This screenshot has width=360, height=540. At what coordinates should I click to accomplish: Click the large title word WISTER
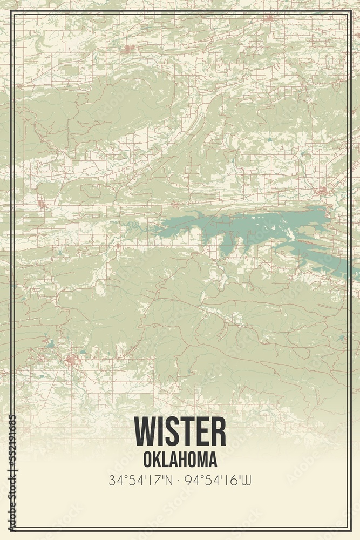(x=180, y=431)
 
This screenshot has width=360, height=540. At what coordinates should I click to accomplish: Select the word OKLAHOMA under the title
(x=180, y=459)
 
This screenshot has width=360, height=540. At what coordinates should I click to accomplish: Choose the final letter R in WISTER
(x=218, y=431)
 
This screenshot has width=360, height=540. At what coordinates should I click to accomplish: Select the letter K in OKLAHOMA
(x=156, y=459)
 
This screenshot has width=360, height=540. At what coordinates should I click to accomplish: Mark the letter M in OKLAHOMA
(x=200, y=459)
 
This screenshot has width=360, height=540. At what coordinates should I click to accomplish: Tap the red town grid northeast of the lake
(x=322, y=191)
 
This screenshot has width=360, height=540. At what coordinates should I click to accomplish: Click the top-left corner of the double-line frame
(x=11, y=12)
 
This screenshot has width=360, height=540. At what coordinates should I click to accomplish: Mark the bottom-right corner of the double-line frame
(x=349, y=529)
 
